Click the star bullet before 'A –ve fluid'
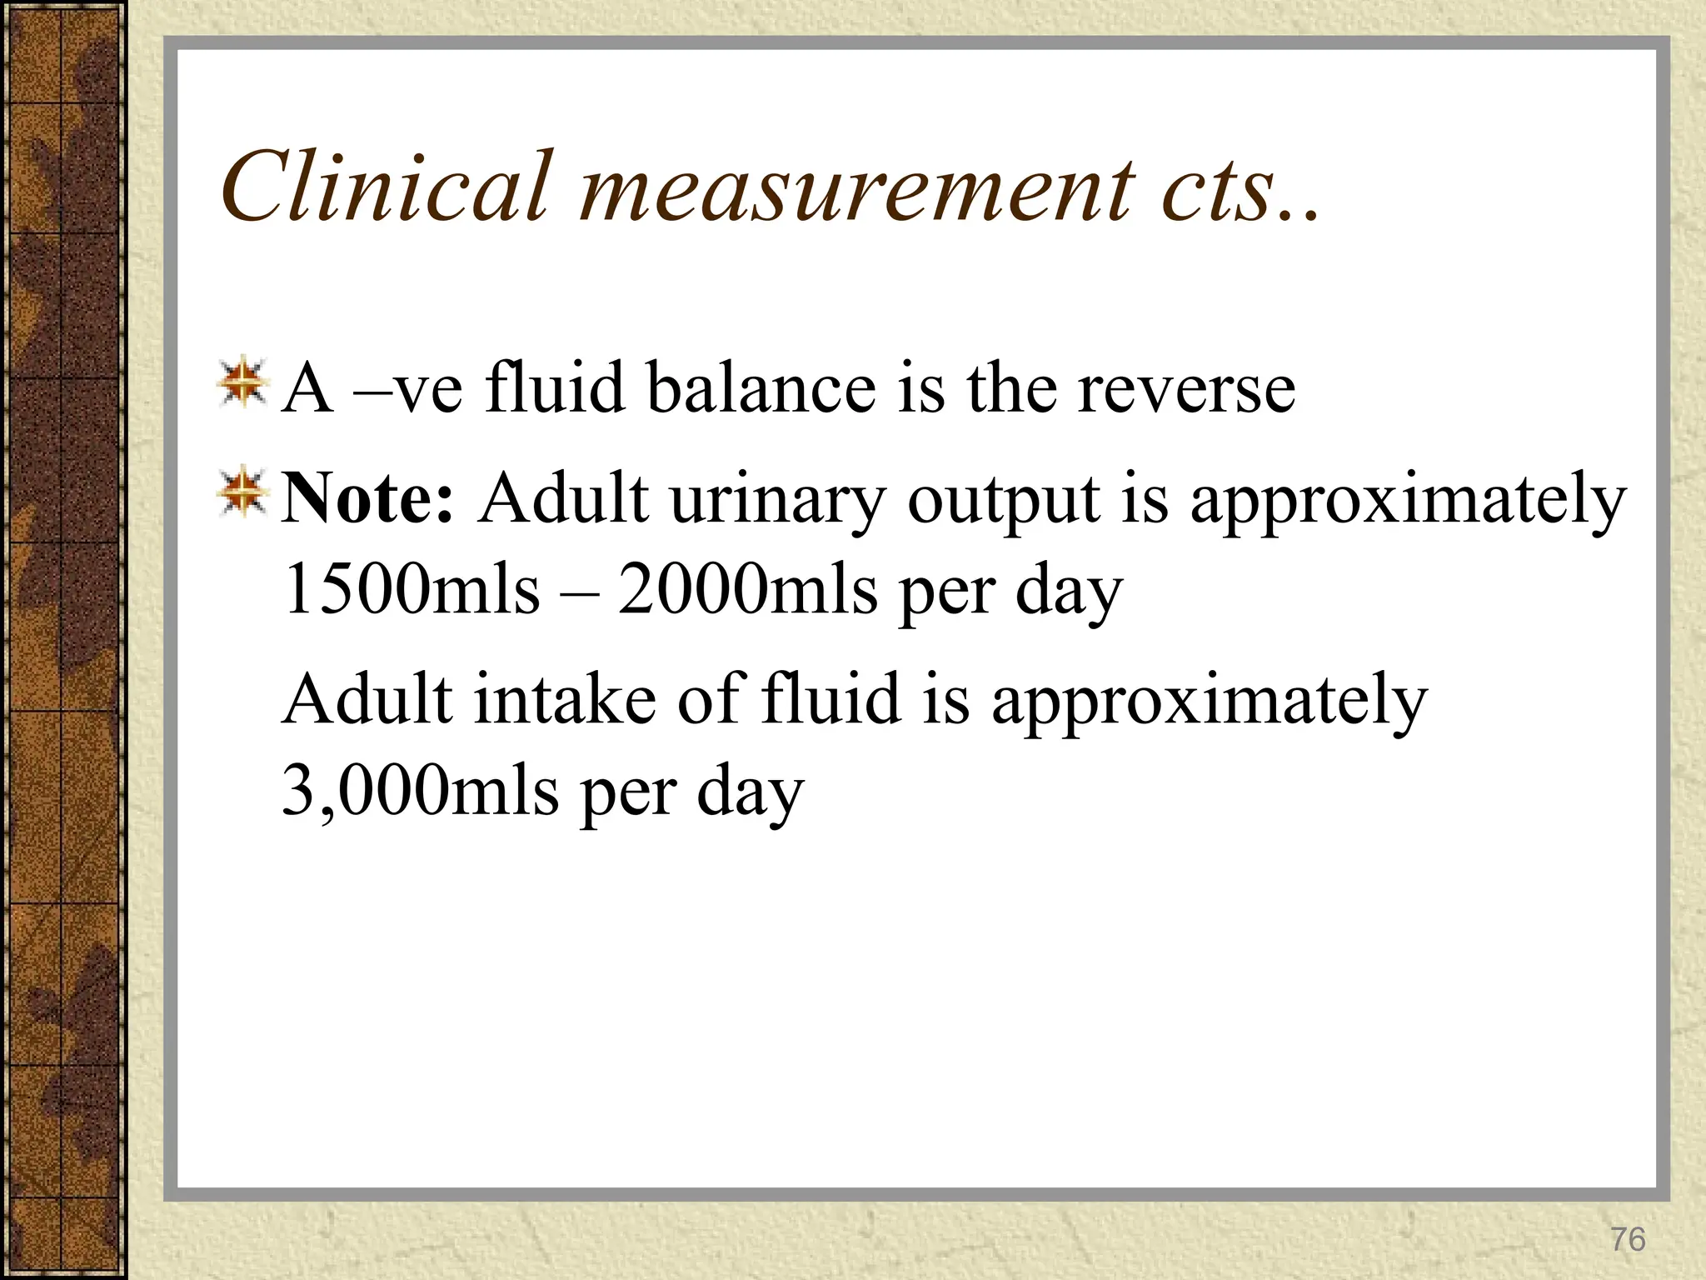(242, 383)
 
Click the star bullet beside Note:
(242, 492)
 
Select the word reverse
(1186, 389)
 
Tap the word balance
(761, 388)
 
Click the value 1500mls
(412, 589)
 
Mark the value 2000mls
(747, 589)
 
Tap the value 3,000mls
(420, 790)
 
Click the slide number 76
(1628, 1240)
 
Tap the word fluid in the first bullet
(555, 388)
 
